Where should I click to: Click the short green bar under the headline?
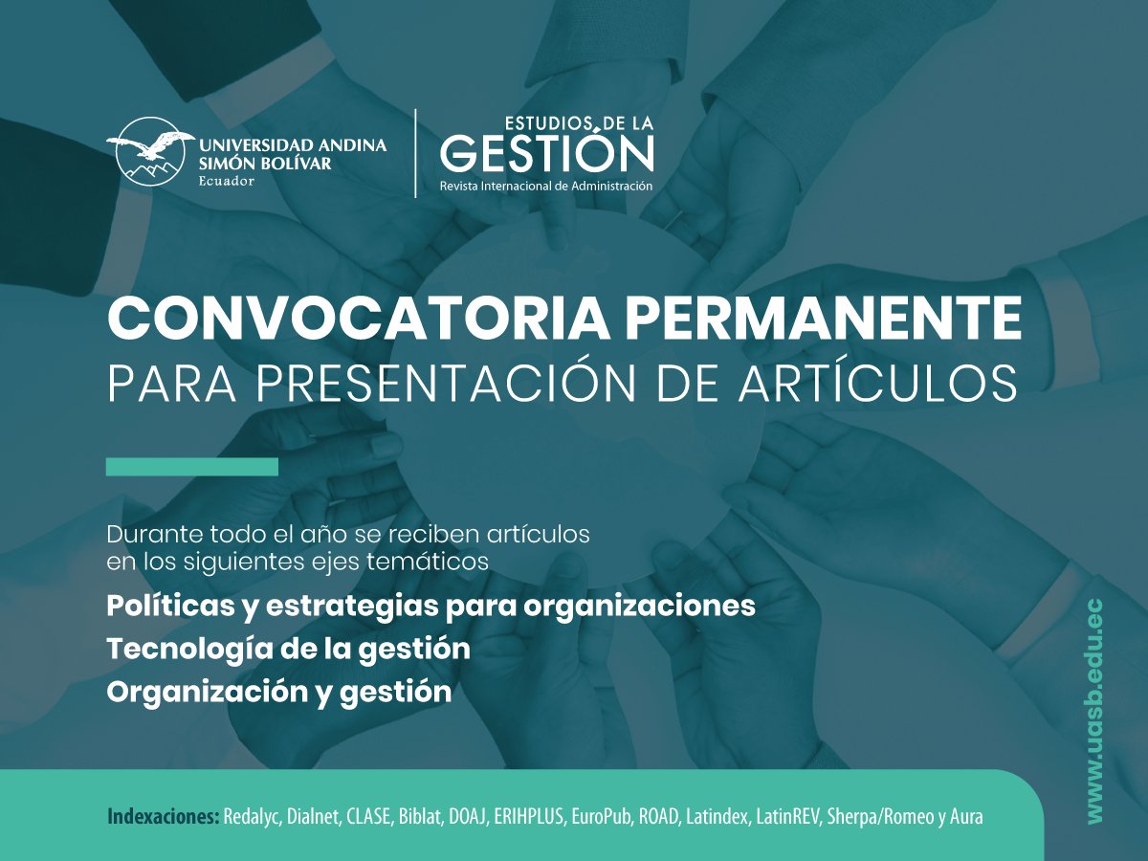tap(191, 467)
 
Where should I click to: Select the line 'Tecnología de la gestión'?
tap(288, 649)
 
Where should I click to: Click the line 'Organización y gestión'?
tap(278, 692)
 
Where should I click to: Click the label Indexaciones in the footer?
tap(163, 817)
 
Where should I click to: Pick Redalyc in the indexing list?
tap(251, 817)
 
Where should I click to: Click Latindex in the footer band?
tap(716, 817)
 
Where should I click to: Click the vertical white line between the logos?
tap(415, 153)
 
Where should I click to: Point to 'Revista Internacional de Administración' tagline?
tap(545, 186)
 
